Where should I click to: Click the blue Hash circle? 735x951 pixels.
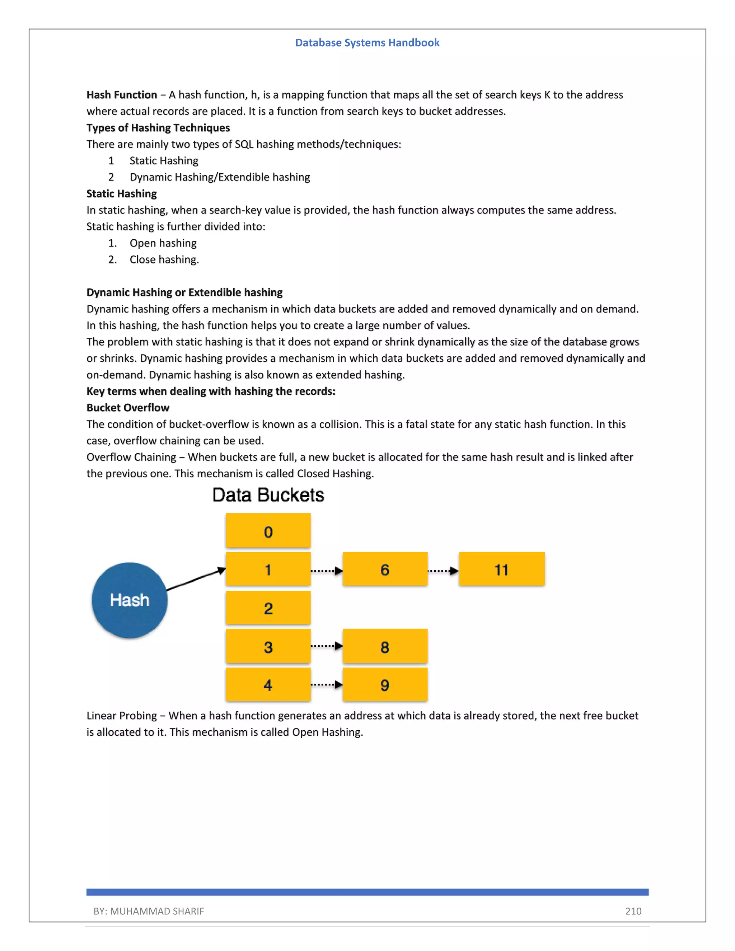pos(129,600)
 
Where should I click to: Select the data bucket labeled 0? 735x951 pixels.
pos(268,530)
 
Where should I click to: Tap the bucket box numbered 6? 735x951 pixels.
pos(385,569)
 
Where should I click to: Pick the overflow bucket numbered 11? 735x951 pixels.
pos(502,569)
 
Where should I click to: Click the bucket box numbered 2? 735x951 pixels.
pos(268,608)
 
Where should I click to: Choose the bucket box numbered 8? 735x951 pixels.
pos(385,646)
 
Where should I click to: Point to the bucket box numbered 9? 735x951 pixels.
pos(385,684)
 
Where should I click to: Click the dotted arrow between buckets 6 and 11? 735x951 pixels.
pos(443,571)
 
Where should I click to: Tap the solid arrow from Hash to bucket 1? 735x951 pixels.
pos(196,580)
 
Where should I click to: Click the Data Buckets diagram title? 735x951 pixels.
pos(268,495)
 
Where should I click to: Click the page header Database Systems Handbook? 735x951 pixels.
pos(367,43)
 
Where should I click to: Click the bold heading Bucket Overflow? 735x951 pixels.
pos(127,408)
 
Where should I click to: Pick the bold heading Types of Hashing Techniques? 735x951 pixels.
pos(158,128)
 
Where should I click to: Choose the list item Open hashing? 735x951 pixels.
pos(163,243)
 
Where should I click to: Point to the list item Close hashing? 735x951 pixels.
pos(164,259)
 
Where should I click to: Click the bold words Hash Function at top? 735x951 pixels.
pos(122,95)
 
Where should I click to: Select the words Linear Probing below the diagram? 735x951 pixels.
pos(122,716)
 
